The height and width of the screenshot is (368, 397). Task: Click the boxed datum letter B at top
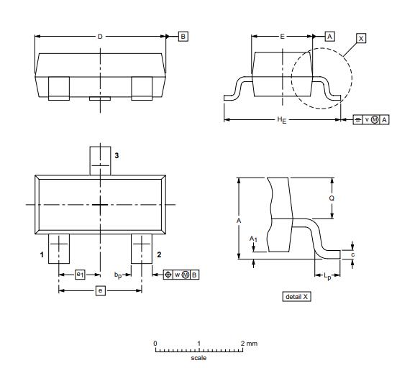click(x=183, y=35)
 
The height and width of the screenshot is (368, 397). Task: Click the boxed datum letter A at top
click(x=330, y=35)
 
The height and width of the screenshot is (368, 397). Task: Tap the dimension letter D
click(x=100, y=35)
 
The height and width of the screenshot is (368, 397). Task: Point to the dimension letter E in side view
click(x=282, y=35)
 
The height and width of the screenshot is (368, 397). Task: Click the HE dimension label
click(x=282, y=120)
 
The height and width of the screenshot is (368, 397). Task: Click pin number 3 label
click(x=117, y=155)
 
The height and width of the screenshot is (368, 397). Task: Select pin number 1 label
click(x=42, y=254)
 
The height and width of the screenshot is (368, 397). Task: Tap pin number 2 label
click(x=158, y=254)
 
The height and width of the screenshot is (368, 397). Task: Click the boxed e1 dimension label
click(x=81, y=274)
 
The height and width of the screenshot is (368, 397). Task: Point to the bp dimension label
click(x=117, y=275)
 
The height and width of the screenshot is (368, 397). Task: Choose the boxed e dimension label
click(x=100, y=290)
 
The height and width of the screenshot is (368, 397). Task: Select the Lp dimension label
click(x=328, y=275)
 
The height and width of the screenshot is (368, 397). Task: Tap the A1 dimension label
click(x=252, y=238)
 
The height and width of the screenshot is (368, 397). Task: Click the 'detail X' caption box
click(x=297, y=296)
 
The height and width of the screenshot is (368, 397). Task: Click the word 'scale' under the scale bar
click(x=198, y=357)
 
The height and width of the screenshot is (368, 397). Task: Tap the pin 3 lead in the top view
click(x=100, y=160)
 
